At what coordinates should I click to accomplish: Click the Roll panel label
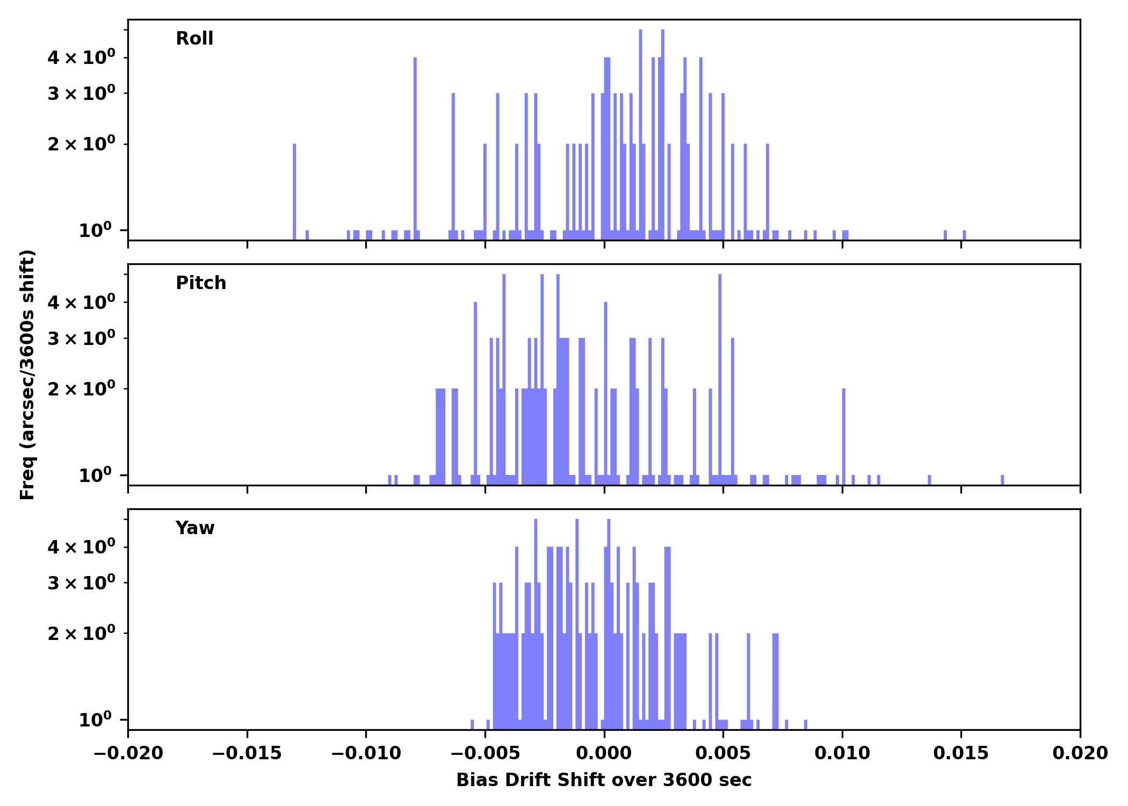tap(194, 39)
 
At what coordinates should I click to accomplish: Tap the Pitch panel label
tap(201, 283)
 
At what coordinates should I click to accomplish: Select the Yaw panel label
tap(194, 528)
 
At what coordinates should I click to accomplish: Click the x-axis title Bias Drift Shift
tap(604, 780)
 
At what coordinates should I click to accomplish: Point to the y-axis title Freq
tap(27, 375)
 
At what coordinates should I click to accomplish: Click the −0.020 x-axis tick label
tap(128, 753)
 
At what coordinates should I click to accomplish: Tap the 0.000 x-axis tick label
tap(604, 753)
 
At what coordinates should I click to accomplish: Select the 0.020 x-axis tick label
tap(1080, 753)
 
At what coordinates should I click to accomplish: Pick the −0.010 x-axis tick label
tap(366, 753)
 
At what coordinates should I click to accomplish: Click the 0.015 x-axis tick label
tap(961, 753)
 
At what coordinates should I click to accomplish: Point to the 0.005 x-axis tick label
tap(723, 753)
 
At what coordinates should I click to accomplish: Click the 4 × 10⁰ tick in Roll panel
tap(81, 57)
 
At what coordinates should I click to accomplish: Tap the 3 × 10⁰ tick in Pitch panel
tap(81, 338)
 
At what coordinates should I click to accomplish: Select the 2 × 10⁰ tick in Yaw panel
tap(81, 634)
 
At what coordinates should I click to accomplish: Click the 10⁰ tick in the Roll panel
tap(95, 231)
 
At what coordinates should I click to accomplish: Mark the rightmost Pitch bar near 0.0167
tap(1002, 480)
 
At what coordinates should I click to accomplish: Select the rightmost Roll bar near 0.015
tap(964, 235)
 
